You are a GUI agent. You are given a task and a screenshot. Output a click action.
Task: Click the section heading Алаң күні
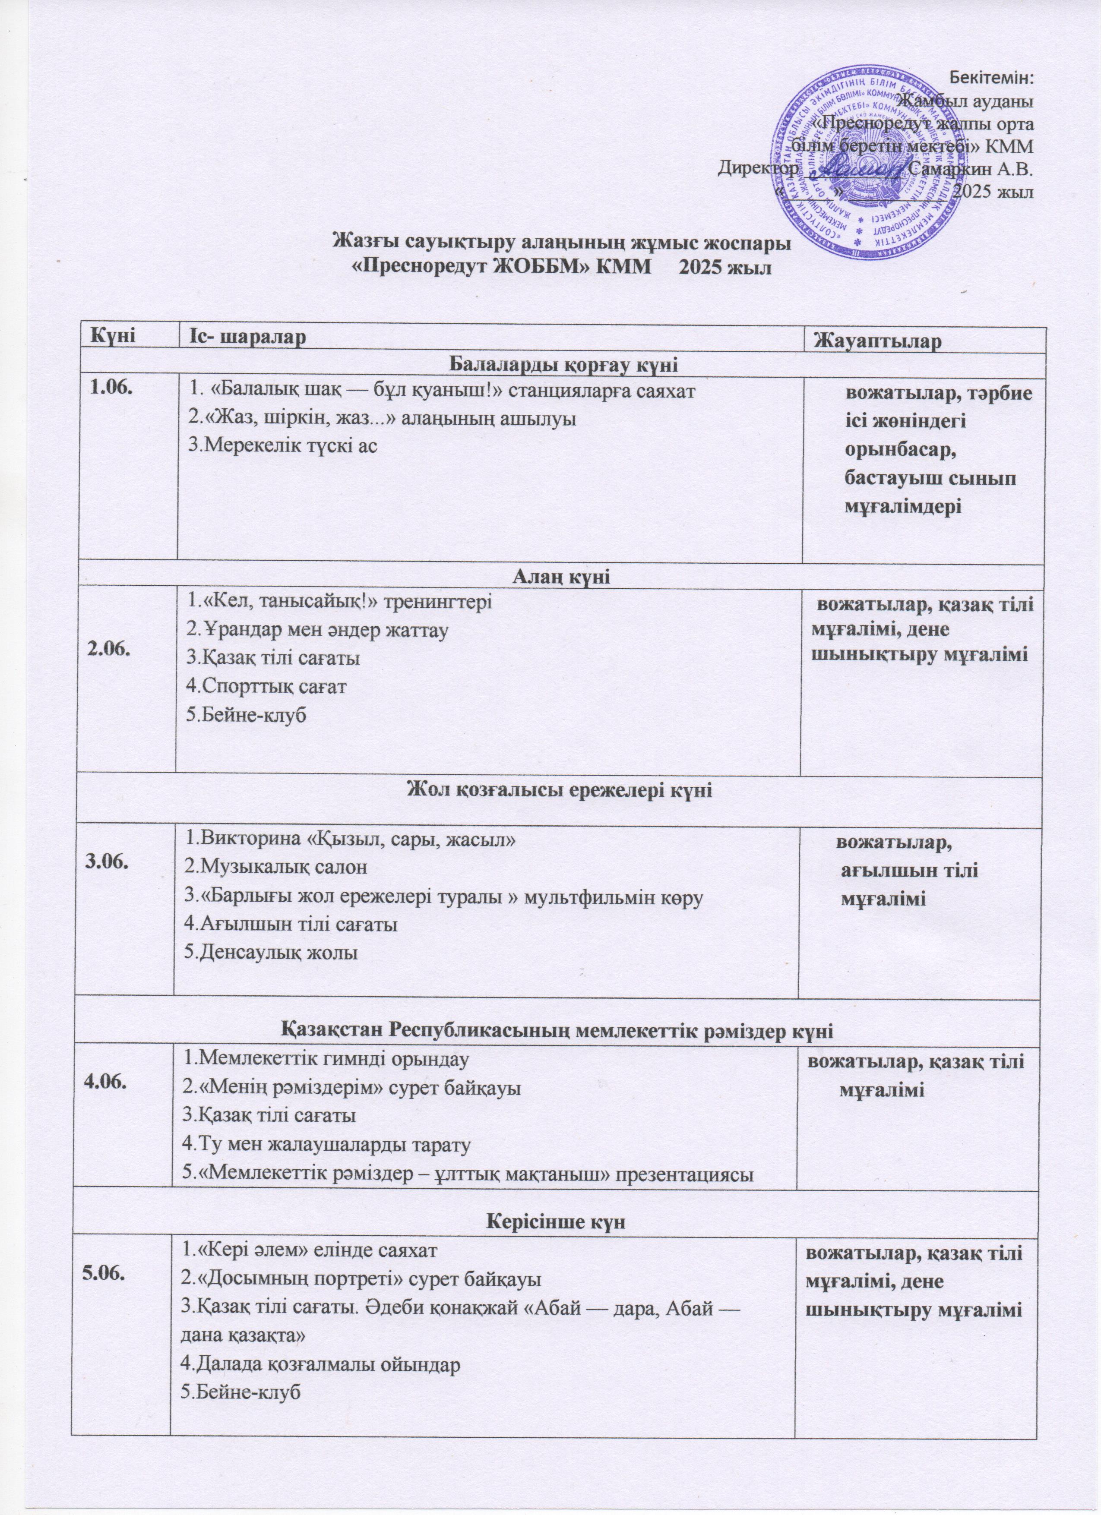(561, 578)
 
